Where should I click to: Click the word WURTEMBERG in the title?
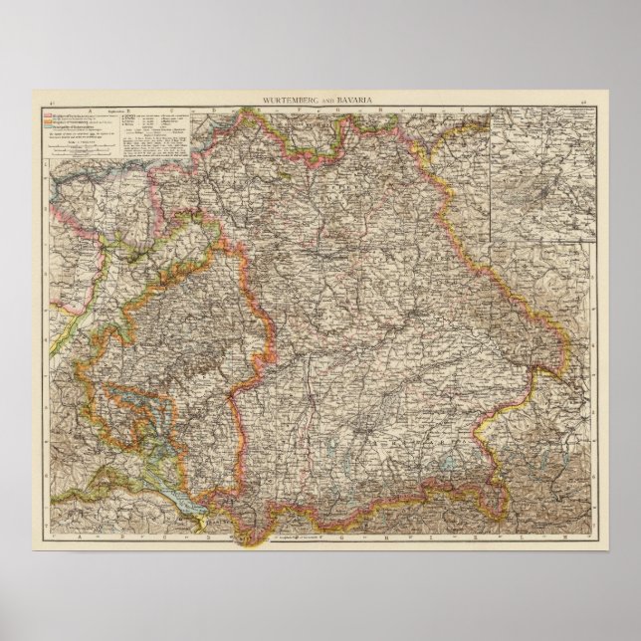pyautogui.click(x=287, y=104)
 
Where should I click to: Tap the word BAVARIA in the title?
pyautogui.click(x=350, y=104)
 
